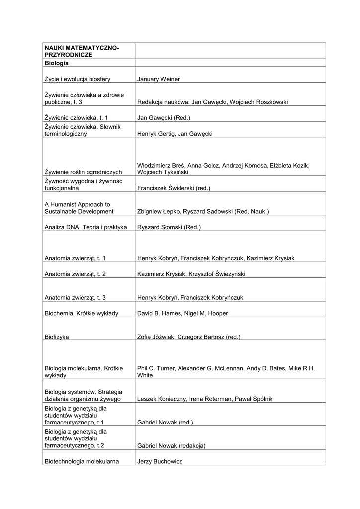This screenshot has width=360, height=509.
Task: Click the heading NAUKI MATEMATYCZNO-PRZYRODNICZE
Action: [x=82, y=51]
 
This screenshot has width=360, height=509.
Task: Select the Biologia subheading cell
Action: [x=57, y=63]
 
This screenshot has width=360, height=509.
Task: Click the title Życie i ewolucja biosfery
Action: [x=77, y=79]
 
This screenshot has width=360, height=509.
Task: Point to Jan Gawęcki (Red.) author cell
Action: [x=164, y=118]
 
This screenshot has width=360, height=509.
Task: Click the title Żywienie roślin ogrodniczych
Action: [x=83, y=172]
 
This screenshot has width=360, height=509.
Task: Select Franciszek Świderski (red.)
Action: [x=174, y=188]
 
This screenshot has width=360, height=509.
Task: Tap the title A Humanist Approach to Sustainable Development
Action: [x=79, y=208]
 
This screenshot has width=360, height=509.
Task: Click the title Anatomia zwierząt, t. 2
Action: [x=75, y=274]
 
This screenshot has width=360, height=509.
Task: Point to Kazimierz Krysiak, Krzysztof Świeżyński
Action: [x=191, y=274]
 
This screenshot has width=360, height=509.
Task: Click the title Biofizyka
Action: [x=57, y=337]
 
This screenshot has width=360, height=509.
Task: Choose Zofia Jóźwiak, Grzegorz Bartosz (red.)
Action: [x=188, y=337]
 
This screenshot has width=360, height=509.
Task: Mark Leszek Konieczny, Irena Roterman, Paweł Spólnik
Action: [x=204, y=399]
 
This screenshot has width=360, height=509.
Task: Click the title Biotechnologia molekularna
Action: [x=82, y=461]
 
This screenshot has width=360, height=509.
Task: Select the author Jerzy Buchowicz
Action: [x=160, y=461]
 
